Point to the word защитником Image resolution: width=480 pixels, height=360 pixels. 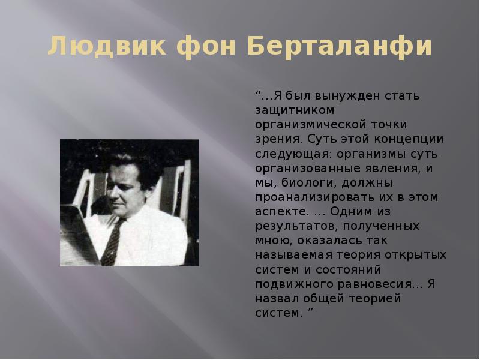291,110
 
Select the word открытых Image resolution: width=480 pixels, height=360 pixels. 418,256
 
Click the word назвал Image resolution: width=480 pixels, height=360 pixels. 274,299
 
